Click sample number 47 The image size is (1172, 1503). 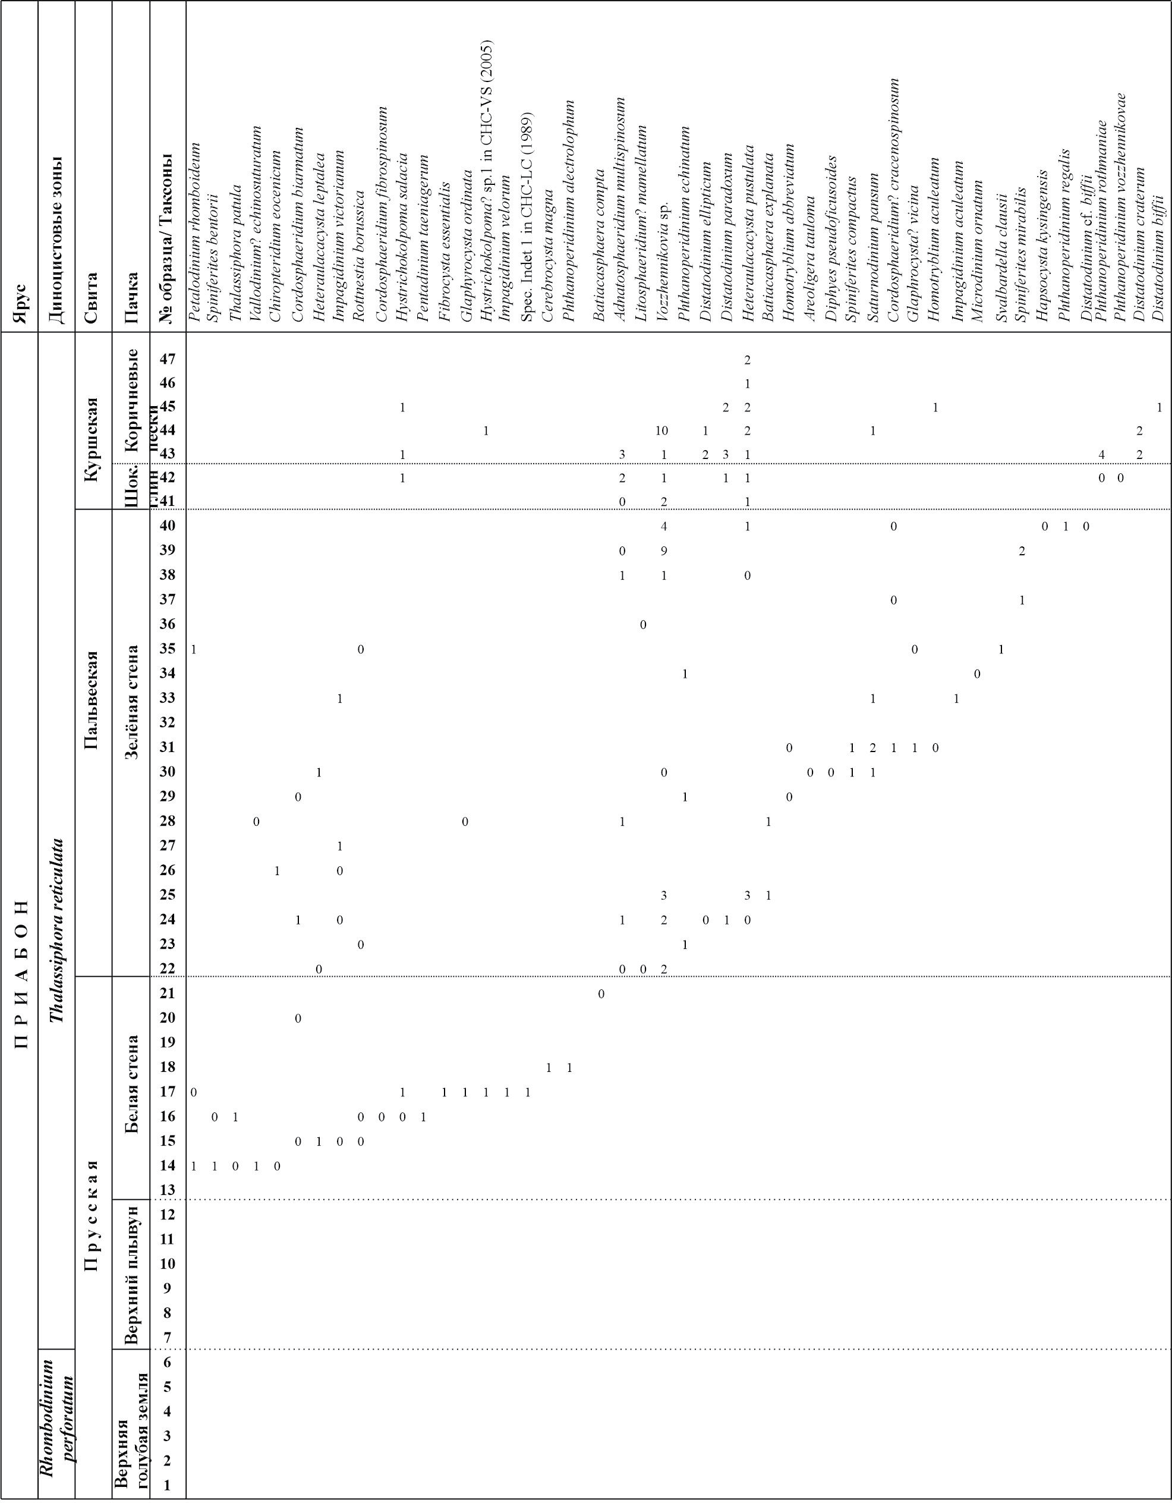click(168, 359)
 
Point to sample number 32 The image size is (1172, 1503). click(168, 722)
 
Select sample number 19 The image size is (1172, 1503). click(168, 1041)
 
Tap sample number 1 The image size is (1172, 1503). click(168, 1485)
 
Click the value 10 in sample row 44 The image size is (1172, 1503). click(661, 431)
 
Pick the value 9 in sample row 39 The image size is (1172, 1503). click(664, 551)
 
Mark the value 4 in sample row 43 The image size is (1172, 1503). click(1101, 455)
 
